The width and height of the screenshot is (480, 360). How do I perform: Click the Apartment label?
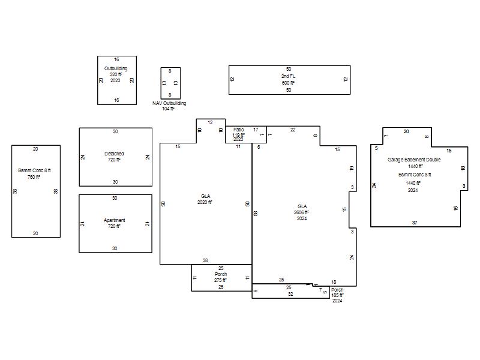(x=114, y=220)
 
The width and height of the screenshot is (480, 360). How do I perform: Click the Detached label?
(x=114, y=154)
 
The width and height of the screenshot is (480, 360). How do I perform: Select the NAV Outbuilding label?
(x=169, y=103)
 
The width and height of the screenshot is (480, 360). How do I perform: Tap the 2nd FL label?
(x=289, y=76)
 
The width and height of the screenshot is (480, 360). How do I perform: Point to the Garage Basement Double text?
(x=414, y=160)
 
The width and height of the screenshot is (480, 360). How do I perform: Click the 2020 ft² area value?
(x=205, y=202)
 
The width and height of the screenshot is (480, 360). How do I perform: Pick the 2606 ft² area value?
(x=302, y=212)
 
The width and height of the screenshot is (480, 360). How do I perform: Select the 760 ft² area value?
(x=34, y=177)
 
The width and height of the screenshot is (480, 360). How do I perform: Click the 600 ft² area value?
(x=288, y=83)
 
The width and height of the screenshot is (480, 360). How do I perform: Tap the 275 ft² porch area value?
(x=220, y=280)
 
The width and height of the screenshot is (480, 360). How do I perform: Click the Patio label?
(x=238, y=130)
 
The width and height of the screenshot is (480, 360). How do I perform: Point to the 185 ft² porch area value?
(x=337, y=295)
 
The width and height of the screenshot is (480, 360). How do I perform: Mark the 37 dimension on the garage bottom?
(x=415, y=223)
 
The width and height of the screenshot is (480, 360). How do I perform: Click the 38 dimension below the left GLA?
(x=205, y=260)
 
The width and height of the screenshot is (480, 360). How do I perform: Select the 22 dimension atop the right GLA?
(x=293, y=130)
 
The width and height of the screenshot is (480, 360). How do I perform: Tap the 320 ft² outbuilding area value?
(x=116, y=74)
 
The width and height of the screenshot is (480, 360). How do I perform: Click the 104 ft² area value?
(x=168, y=109)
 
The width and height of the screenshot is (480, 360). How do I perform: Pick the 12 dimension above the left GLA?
(x=210, y=122)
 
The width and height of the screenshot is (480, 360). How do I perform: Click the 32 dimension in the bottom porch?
(x=290, y=294)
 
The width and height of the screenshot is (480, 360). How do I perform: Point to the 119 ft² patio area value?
(x=238, y=134)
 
